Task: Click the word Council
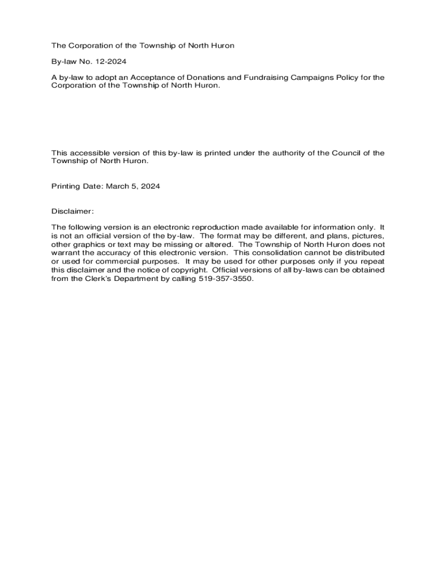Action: coord(347,153)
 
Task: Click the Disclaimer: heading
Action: coord(72,211)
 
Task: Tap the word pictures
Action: coord(369,236)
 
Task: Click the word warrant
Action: coord(65,253)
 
